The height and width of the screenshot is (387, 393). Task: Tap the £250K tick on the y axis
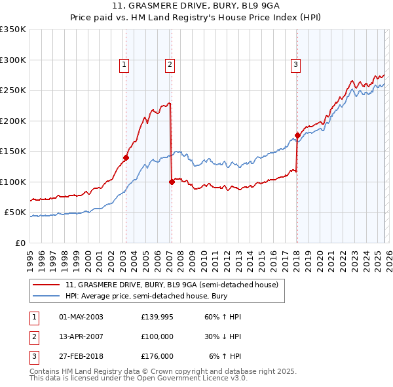point(13,91)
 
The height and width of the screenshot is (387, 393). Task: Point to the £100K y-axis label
point(13,182)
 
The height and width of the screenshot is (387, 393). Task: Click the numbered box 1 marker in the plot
point(124,64)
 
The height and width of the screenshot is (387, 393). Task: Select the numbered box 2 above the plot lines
point(170,64)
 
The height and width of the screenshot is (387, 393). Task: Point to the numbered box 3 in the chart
point(296,64)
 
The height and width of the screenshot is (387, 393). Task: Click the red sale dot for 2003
point(126,157)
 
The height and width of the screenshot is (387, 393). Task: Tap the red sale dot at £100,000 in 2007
point(172,182)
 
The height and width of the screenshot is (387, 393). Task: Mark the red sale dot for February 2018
point(297,136)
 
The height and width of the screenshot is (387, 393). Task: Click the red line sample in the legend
point(47,285)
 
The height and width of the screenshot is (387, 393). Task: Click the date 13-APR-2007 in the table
point(81,336)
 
